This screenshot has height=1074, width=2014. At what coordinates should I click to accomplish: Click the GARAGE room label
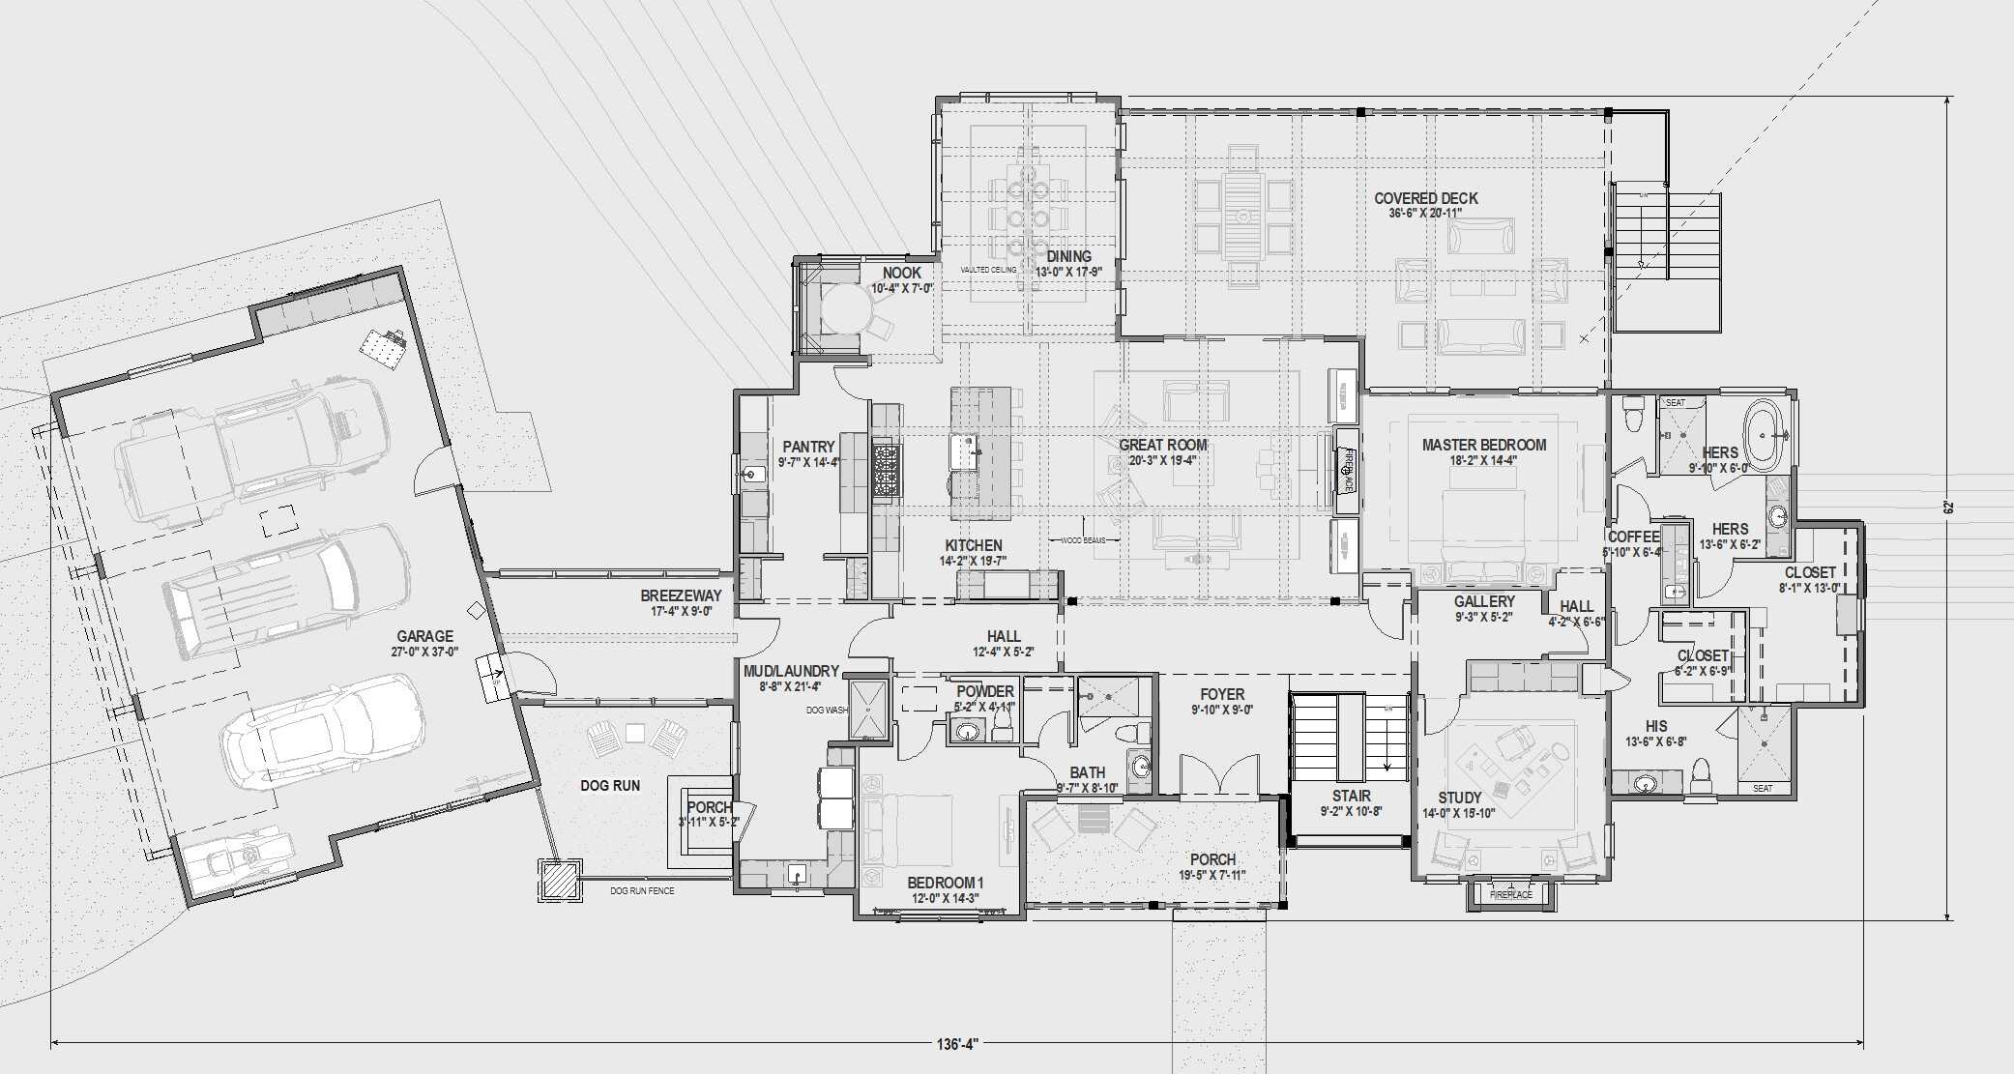point(424,636)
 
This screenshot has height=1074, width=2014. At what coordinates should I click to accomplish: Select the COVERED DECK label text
point(1425,198)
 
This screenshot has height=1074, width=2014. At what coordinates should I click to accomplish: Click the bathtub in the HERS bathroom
point(1765,437)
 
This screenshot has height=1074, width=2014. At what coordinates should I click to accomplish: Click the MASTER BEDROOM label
point(1483,446)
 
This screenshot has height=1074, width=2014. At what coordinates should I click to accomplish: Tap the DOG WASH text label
point(827,711)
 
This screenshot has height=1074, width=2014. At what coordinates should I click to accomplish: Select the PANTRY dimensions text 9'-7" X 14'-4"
point(808,462)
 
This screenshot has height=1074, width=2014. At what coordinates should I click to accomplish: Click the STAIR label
point(1351,796)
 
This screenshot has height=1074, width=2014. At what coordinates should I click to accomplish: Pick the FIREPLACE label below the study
point(1510,895)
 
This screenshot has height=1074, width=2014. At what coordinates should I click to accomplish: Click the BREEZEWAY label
point(681,596)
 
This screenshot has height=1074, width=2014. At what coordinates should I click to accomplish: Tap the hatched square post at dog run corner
point(560,881)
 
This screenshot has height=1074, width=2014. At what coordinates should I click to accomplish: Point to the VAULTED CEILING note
point(987,270)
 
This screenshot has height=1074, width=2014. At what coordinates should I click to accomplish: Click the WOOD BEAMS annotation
point(1083,540)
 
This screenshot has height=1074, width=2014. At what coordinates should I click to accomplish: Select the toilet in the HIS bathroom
point(1702,776)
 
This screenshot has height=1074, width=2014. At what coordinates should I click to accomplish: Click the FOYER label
point(1222,694)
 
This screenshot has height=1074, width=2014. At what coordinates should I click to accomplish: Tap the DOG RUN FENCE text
point(642,890)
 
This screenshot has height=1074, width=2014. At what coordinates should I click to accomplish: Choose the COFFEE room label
point(1633,537)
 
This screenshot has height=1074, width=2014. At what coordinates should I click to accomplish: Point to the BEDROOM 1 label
point(945,883)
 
